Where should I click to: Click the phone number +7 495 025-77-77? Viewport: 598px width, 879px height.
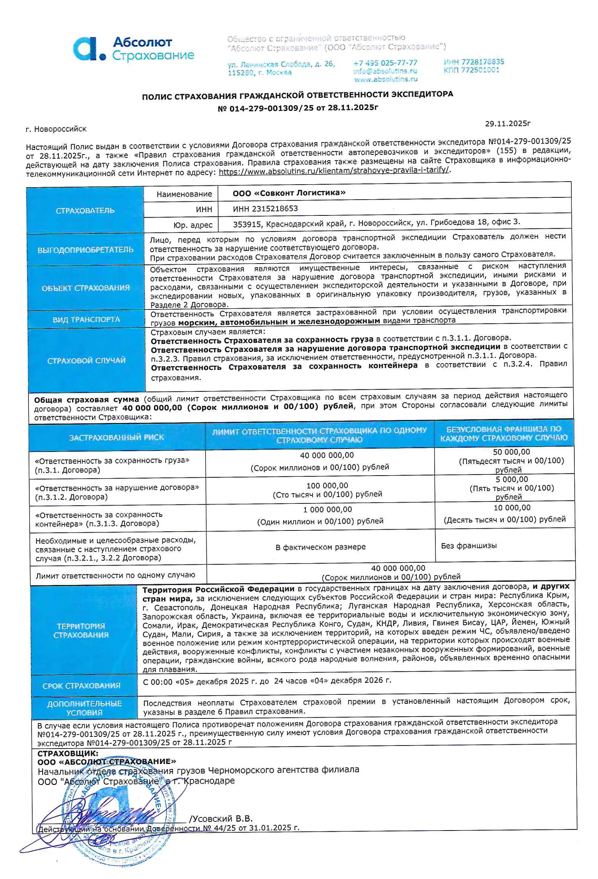385,63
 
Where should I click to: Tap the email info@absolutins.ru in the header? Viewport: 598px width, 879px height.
385,71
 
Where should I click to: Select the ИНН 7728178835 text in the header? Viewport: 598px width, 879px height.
474,62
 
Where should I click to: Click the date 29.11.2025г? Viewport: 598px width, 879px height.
507,124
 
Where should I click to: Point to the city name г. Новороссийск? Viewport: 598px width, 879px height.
56,129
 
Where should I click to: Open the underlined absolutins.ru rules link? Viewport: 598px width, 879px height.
334,170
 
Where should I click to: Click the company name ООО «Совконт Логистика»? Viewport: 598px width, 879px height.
289,193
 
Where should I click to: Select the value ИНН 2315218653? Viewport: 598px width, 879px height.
265,209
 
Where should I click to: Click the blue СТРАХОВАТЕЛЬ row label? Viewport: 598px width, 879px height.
85,211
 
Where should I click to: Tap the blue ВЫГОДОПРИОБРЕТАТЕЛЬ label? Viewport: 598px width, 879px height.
85,250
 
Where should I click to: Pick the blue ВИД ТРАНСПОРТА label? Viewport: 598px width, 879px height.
86,320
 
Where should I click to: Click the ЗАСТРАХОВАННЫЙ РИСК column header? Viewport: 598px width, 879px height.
116,438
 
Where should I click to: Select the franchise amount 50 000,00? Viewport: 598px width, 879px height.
511,452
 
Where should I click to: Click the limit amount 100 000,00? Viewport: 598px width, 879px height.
327,486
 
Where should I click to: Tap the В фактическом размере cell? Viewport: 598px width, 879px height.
320,547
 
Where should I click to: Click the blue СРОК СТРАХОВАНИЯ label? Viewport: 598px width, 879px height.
81,686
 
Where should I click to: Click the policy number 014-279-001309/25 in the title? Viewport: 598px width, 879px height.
271,108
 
